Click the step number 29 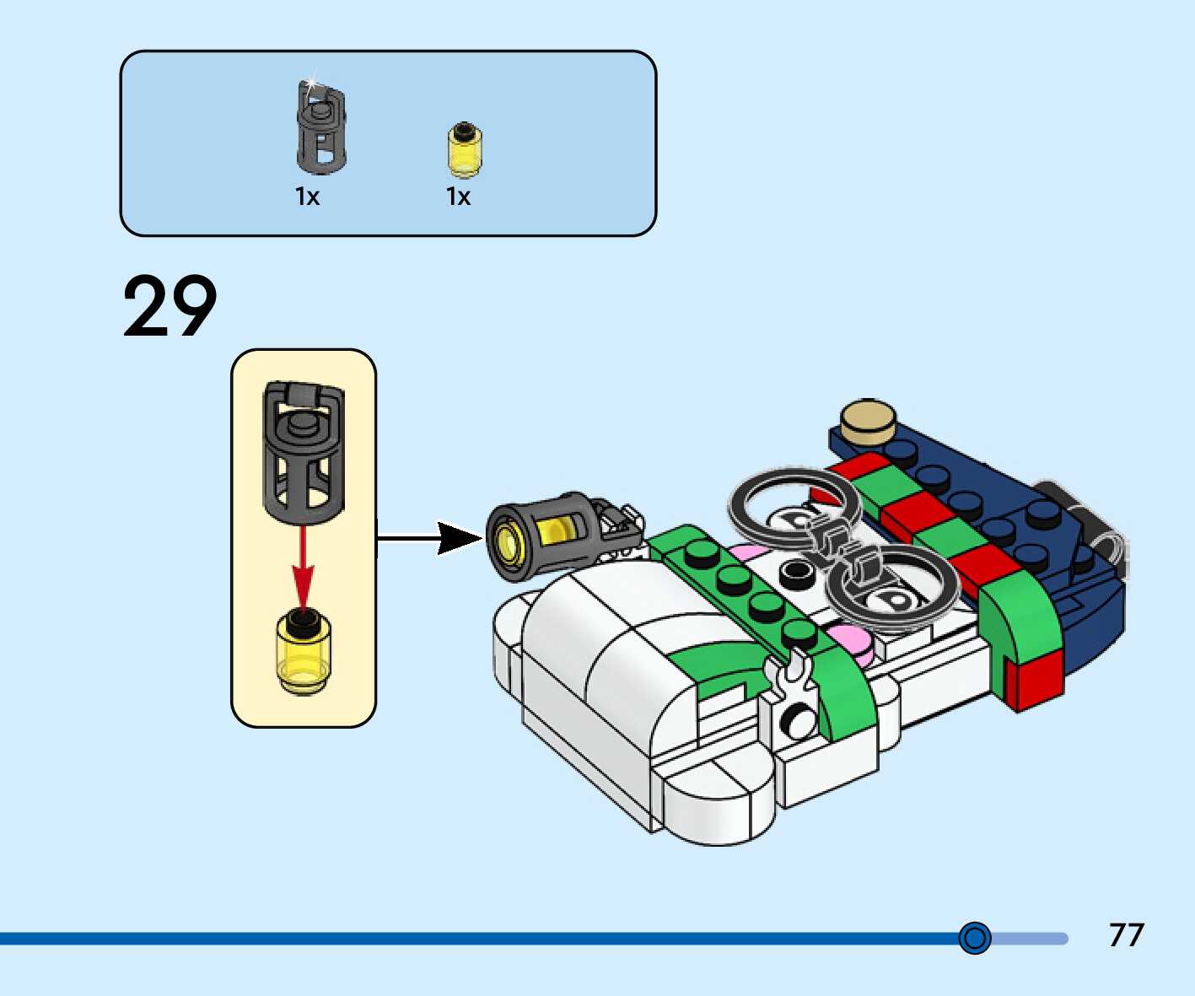(x=170, y=306)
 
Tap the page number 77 (x=1126, y=935)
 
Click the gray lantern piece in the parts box (x=321, y=129)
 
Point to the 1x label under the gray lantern (x=307, y=197)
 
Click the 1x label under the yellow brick (x=458, y=197)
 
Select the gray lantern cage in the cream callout (x=304, y=452)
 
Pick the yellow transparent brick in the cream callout (x=304, y=652)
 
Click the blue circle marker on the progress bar (x=975, y=938)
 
